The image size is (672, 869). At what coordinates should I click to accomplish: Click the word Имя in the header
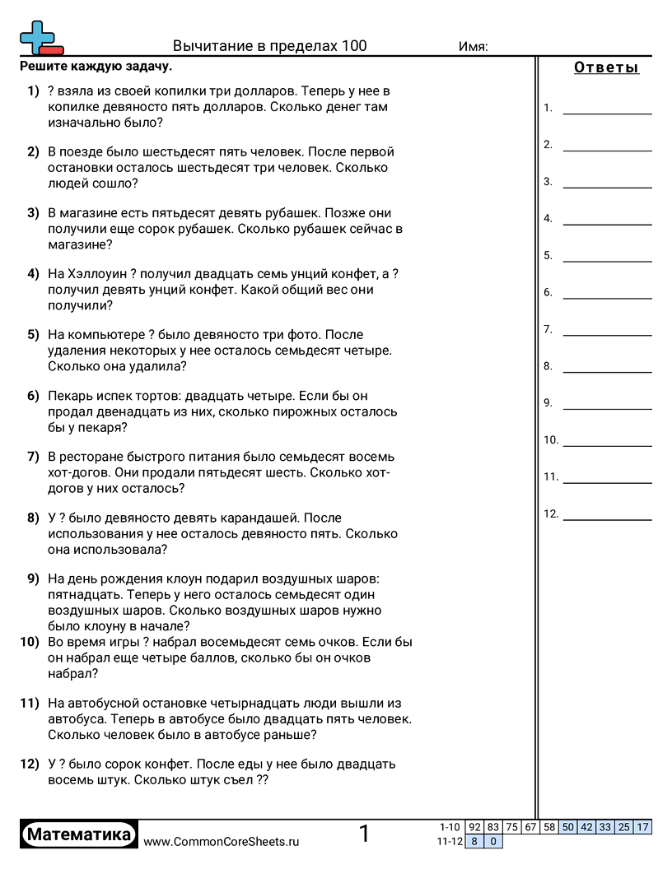tap(473, 47)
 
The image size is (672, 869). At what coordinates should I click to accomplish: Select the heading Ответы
tap(606, 68)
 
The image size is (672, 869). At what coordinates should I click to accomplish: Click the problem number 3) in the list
tap(33, 213)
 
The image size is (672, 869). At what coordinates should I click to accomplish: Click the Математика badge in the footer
tap(79, 834)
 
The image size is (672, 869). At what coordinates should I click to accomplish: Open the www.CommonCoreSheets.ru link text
tap(222, 842)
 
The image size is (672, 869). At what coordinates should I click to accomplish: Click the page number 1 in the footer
tap(364, 834)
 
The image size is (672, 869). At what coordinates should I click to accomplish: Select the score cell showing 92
tap(474, 827)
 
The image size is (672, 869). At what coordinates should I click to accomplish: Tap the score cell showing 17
tap(643, 827)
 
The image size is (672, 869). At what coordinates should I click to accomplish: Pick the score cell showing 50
tap(568, 827)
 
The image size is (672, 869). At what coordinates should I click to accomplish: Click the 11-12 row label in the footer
tap(449, 842)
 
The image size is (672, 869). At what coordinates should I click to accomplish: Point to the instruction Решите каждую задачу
tap(96, 67)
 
